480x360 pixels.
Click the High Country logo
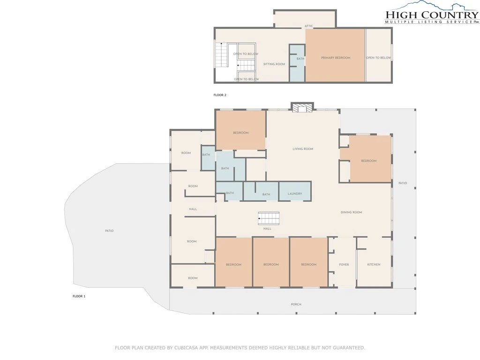432,13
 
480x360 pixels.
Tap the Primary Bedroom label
336,58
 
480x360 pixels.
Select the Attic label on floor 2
308,26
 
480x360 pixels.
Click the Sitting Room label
274,64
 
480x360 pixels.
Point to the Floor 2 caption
220,95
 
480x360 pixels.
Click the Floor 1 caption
79,296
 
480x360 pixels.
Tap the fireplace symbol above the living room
302,107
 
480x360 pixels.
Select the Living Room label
303,149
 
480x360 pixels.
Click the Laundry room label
295,194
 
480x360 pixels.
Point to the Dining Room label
351,212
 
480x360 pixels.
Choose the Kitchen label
374,264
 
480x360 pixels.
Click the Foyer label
344,264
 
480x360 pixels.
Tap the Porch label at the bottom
296,304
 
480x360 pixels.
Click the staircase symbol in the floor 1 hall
269,218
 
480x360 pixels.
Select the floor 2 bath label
300,59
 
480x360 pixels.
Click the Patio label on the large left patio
109,231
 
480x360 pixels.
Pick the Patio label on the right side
403,183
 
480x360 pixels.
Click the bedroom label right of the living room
368,160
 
